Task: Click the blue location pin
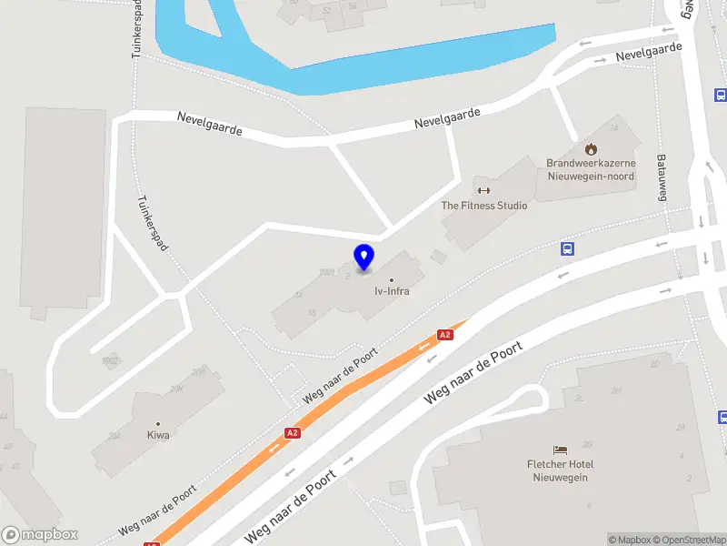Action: (363, 257)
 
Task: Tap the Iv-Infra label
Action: (392, 293)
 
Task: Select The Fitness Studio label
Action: (483, 206)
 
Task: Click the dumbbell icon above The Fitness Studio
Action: (483, 190)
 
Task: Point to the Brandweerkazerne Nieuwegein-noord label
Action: (591, 169)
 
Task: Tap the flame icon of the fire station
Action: (591, 148)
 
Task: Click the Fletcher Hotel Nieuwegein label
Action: (561, 470)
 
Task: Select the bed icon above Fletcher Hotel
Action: (561, 450)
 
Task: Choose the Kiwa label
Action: (157, 435)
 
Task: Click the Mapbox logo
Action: (40, 534)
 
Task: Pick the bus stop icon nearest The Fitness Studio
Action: (567, 248)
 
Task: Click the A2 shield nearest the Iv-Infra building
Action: (444, 335)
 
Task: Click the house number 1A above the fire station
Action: (613, 128)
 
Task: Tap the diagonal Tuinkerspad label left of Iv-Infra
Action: (152, 225)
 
